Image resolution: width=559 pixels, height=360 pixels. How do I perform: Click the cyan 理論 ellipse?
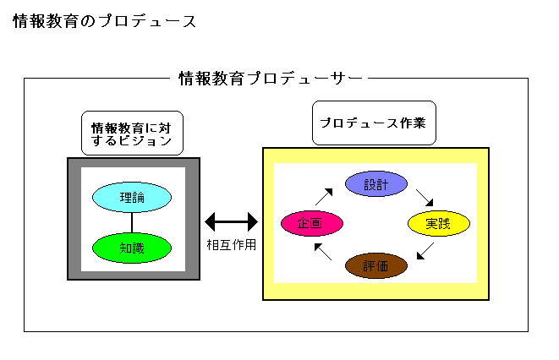pyautogui.click(x=132, y=197)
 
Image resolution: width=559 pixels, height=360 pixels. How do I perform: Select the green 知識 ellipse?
pyautogui.click(x=132, y=248)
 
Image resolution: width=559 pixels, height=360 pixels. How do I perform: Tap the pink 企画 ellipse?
pyautogui.click(x=312, y=223)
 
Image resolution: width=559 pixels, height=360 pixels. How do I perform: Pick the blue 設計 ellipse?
pyautogui.click(x=377, y=184)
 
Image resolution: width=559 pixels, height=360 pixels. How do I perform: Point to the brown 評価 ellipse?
pyautogui.click(x=377, y=265)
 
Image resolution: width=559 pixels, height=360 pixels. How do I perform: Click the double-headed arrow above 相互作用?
pyautogui.click(x=231, y=222)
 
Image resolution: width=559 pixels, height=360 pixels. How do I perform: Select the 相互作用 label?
pyautogui.click(x=231, y=245)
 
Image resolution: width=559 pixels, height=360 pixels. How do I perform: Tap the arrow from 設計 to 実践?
pyautogui.click(x=425, y=198)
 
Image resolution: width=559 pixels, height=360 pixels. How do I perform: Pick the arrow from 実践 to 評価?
pyautogui.click(x=426, y=251)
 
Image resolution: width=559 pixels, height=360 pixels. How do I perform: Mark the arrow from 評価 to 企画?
pyautogui.click(x=322, y=251)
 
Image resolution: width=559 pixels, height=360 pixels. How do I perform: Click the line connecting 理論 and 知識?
pyautogui.click(x=132, y=222)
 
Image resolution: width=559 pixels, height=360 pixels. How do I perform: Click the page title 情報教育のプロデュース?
pyautogui.click(x=106, y=22)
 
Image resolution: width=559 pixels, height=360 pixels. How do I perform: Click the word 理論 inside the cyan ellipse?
pyautogui.click(x=132, y=197)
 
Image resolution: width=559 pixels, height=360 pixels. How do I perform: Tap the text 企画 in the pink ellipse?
pyautogui.click(x=311, y=223)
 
